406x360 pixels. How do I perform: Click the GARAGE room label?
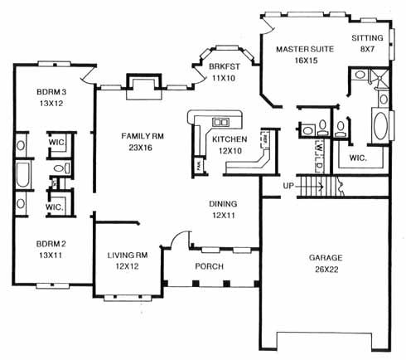[326, 258]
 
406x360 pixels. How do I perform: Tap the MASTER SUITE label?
[305, 49]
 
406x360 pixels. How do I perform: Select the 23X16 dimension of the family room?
[140, 148]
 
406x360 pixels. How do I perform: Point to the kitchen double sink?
[220, 122]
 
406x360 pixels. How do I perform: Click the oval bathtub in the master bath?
[380, 126]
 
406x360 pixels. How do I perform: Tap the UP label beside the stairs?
[288, 186]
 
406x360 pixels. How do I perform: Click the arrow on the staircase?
[309, 187]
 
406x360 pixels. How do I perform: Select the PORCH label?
[209, 266]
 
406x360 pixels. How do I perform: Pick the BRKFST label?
[225, 66]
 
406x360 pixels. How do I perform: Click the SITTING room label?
[367, 38]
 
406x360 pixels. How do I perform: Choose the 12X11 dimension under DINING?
[224, 215]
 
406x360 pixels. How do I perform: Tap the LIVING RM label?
[128, 255]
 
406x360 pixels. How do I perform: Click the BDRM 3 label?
[51, 92]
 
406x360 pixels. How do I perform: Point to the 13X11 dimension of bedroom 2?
[51, 255]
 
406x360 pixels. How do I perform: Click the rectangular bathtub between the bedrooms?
[23, 175]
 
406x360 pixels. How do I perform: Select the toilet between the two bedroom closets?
[62, 168]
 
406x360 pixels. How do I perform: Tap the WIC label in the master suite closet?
[358, 158]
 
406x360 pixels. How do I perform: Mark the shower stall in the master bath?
[379, 78]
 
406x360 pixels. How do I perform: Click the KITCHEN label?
[230, 139]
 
